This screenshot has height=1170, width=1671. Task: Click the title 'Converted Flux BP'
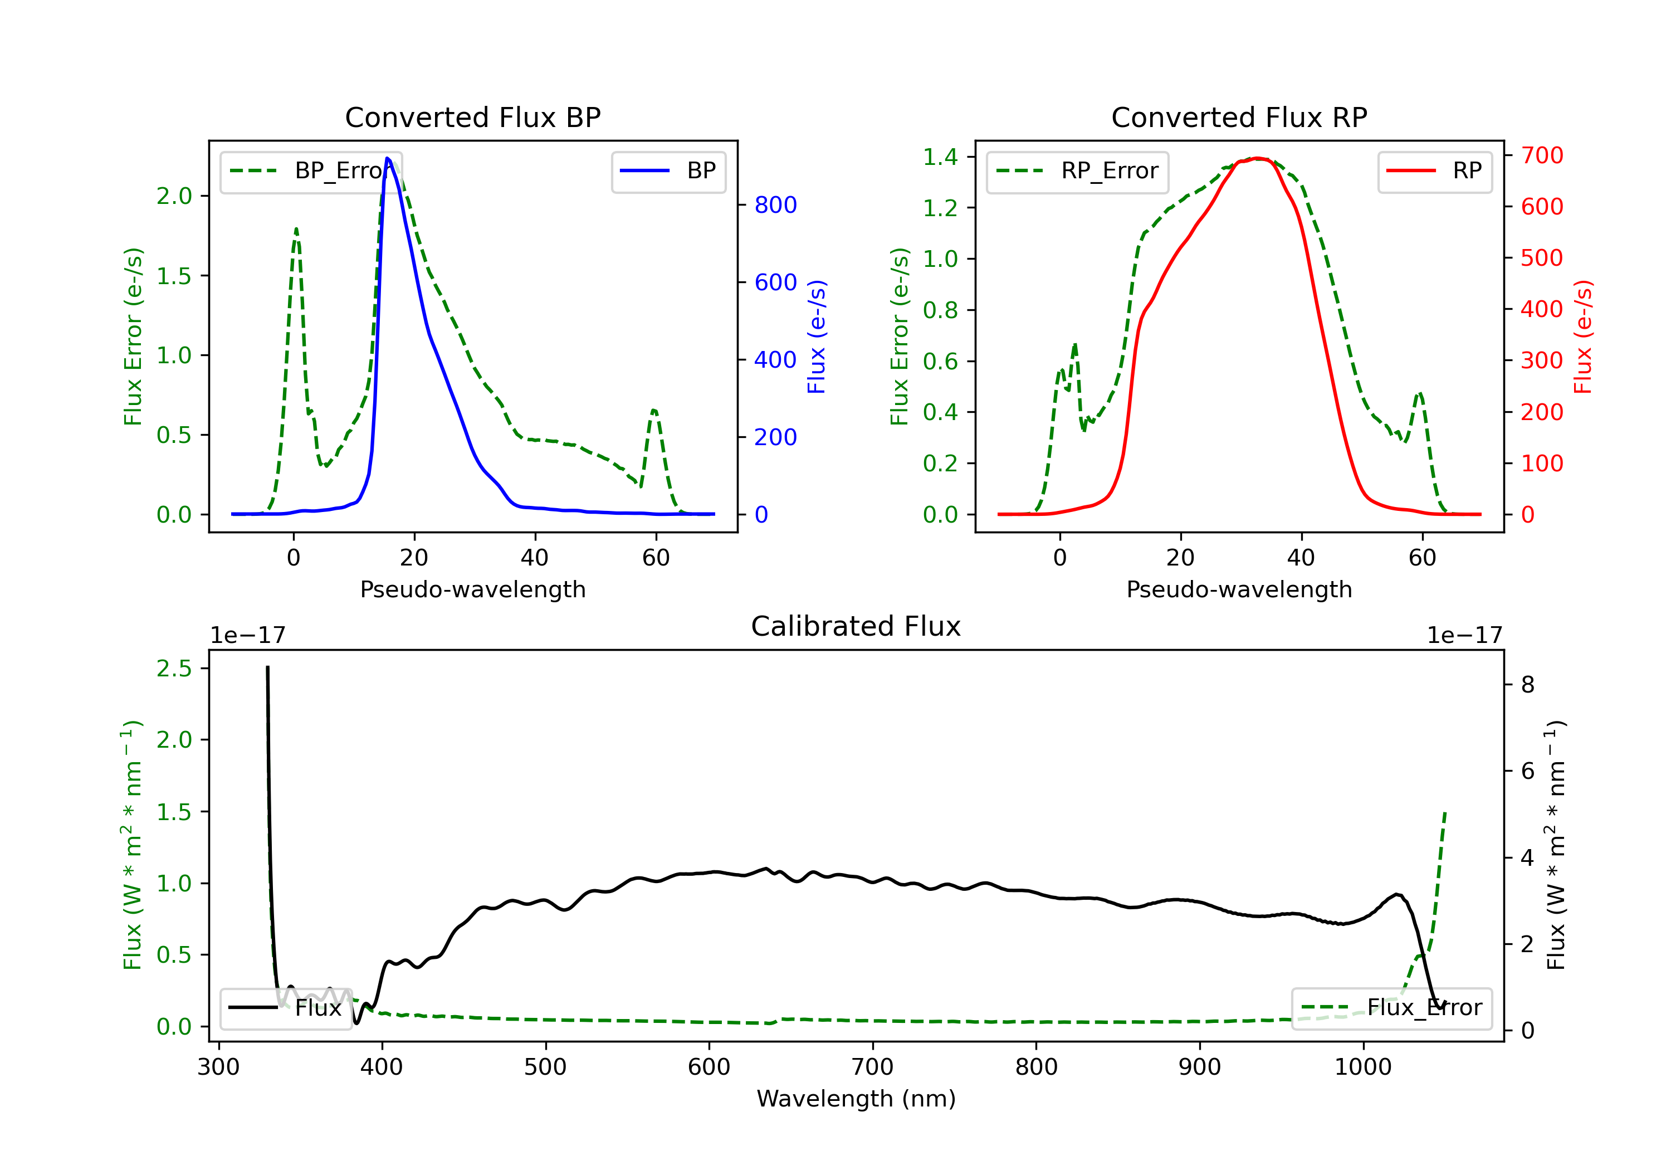point(472,117)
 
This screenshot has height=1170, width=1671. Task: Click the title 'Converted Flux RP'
point(1239,117)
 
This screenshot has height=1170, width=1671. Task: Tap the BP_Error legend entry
point(311,171)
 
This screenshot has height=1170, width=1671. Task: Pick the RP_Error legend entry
point(1078,171)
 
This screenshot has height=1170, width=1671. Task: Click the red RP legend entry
point(1434,171)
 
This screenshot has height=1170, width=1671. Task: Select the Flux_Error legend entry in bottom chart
point(1391,1008)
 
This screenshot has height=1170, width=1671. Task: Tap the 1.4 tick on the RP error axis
point(940,157)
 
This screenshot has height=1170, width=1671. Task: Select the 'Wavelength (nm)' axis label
point(856,1099)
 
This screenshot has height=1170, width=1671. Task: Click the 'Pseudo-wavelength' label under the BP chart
point(472,589)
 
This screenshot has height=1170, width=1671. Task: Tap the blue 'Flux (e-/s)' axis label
point(817,337)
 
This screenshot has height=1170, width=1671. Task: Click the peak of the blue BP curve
point(388,158)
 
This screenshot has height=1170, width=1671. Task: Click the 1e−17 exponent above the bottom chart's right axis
point(1464,636)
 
